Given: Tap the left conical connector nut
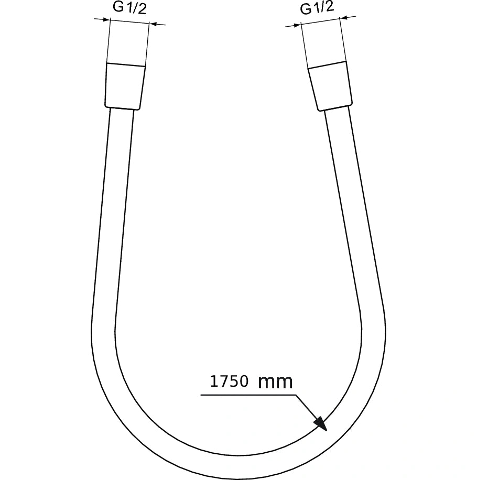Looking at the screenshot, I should point(124,86).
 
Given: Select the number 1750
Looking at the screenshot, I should point(229,381).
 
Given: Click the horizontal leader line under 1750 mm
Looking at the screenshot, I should point(246,394).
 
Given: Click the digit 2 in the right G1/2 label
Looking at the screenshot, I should point(329,8).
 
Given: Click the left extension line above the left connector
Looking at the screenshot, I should point(109,42).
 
